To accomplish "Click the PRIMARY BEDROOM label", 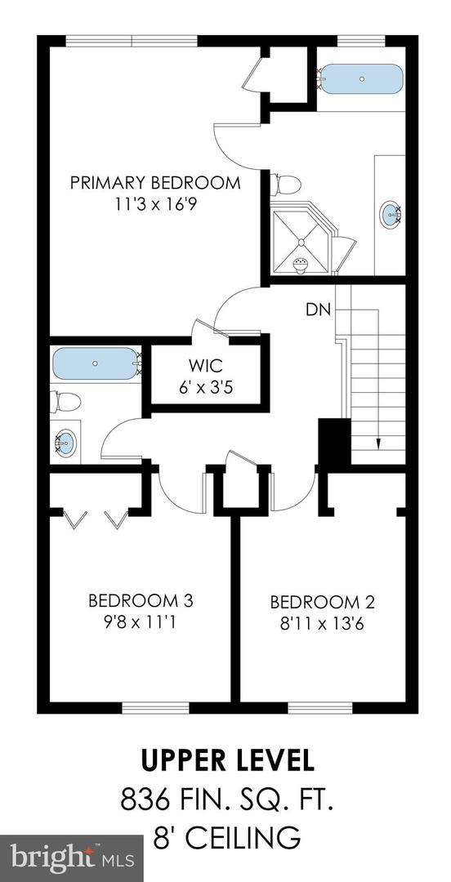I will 155,182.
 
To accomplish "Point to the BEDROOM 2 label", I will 322,603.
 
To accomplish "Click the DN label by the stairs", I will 318,310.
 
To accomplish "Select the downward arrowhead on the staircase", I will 378,444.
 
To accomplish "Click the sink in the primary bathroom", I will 391,215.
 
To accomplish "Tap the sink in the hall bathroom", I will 65,443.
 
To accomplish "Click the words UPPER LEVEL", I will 226,760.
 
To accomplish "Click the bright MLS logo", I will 71,857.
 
